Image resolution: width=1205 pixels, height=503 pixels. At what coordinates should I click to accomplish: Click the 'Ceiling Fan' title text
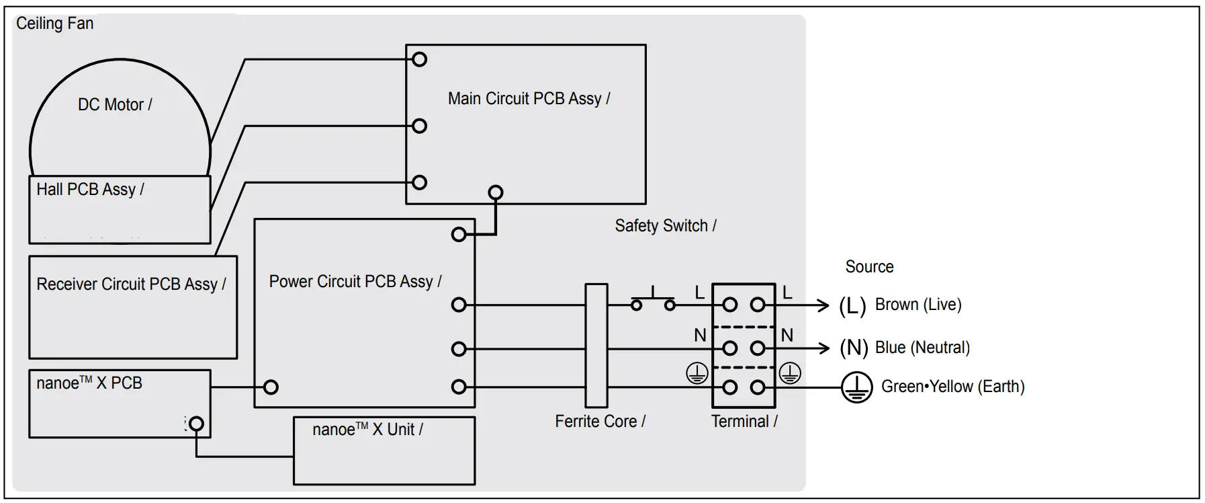[x=54, y=24]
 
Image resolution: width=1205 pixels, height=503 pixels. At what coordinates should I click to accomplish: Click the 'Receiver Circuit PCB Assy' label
[x=130, y=284]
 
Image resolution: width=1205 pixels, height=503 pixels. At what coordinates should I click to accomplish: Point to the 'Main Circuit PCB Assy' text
[x=528, y=99]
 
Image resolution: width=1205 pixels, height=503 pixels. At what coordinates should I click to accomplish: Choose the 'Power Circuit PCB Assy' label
[x=355, y=282]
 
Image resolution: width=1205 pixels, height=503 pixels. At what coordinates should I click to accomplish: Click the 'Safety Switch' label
[x=664, y=226]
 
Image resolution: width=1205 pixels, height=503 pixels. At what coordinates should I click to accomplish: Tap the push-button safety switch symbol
[x=653, y=300]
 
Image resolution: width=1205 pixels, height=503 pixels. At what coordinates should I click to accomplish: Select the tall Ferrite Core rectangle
[x=596, y=346]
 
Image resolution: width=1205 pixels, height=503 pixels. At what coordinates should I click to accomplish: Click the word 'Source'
[x=869, y=267]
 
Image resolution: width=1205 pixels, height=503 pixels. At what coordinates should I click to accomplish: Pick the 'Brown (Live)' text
[x=918, y=305]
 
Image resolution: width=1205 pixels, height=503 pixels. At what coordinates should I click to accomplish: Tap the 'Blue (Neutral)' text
[x=922, y=348]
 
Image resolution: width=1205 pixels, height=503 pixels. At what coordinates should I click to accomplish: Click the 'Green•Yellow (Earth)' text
[x=952, y=387]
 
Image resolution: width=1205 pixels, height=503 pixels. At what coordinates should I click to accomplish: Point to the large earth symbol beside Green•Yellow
[x=856, y=387]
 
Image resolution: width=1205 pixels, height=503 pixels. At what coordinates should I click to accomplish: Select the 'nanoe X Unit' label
[x=367, y=430]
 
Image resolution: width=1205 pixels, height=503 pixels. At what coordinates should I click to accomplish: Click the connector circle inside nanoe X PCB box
[x=196, y=424]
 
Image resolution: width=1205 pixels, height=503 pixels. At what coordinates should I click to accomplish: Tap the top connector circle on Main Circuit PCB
[x=420, y=60]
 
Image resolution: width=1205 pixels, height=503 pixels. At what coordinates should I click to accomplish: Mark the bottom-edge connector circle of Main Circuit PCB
[x=496, y=193]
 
